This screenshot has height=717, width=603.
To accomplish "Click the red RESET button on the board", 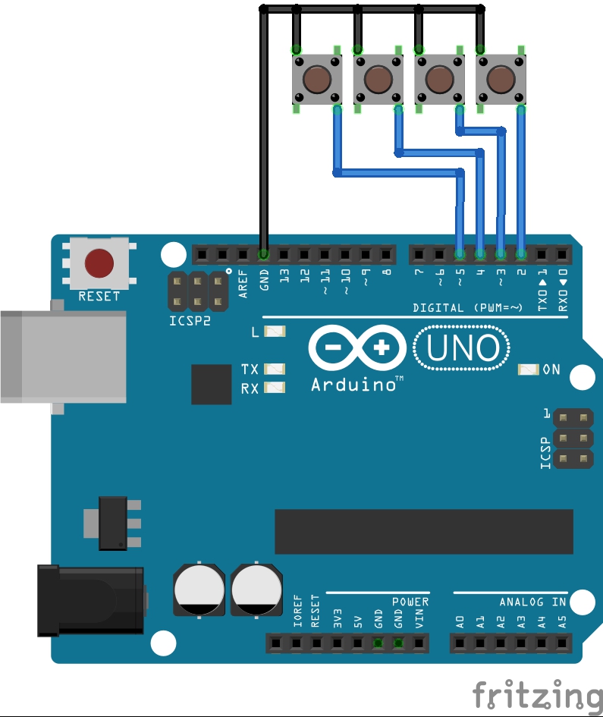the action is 99,263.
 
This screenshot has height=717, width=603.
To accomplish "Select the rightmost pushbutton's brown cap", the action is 501,78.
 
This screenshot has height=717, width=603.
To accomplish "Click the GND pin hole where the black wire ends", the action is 263,253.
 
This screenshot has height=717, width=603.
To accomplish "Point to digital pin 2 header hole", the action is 521,253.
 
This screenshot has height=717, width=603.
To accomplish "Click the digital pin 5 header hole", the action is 460,253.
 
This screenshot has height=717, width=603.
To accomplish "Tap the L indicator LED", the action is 276,332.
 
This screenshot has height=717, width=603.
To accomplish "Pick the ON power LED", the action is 528,370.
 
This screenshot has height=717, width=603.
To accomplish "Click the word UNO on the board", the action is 462,348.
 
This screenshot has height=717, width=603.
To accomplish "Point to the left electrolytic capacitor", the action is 199,589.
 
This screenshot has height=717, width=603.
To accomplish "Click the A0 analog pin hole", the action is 460,643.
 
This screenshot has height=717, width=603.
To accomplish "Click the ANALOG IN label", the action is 532,602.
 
